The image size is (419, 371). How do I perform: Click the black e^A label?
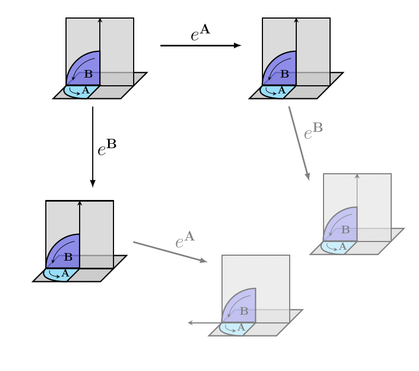[x=200, y=34]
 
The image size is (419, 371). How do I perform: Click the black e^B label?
[x=107, y=148]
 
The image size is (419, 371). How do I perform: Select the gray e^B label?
[x=313, y=131]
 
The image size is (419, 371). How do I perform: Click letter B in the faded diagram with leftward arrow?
[x=244, y=311]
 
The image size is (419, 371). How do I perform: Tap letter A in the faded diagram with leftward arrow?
[x=241, y=328]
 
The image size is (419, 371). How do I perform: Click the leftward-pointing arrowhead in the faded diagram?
[x=190, y=323]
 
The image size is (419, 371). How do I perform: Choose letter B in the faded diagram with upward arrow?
[x=345, y=230]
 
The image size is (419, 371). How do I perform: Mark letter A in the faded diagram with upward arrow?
[x=342, y=246]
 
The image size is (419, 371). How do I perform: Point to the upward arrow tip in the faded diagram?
[x=357, y=175]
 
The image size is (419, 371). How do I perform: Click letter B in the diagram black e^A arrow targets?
[x=284, y=74]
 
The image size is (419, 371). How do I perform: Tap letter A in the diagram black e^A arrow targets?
[x=282, y=90]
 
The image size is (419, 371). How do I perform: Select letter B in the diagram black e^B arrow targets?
[x=68, y=257]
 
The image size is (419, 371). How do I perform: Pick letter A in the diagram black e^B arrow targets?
[x=65, y=273]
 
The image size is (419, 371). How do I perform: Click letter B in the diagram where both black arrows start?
[x=88, y=74]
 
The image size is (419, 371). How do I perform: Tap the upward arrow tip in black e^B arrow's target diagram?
[x=80, y=203]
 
